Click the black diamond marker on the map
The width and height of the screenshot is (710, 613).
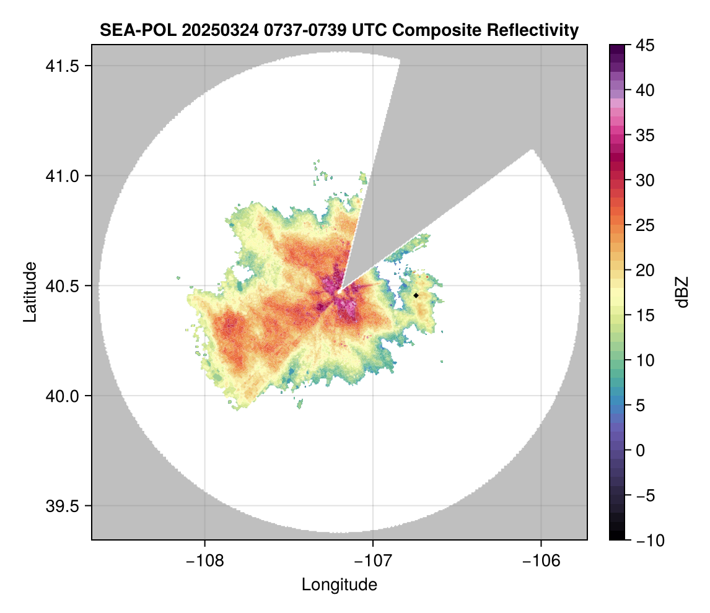(416, 295)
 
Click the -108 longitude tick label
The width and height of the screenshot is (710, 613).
(204, 560)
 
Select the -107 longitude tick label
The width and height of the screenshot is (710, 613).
(373, 560)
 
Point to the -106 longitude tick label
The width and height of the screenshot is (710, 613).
(541, 560)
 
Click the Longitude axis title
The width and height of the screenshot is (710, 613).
(340, 585)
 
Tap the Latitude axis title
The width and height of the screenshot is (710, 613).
(30, 292)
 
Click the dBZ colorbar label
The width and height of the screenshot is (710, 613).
(682, 292)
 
